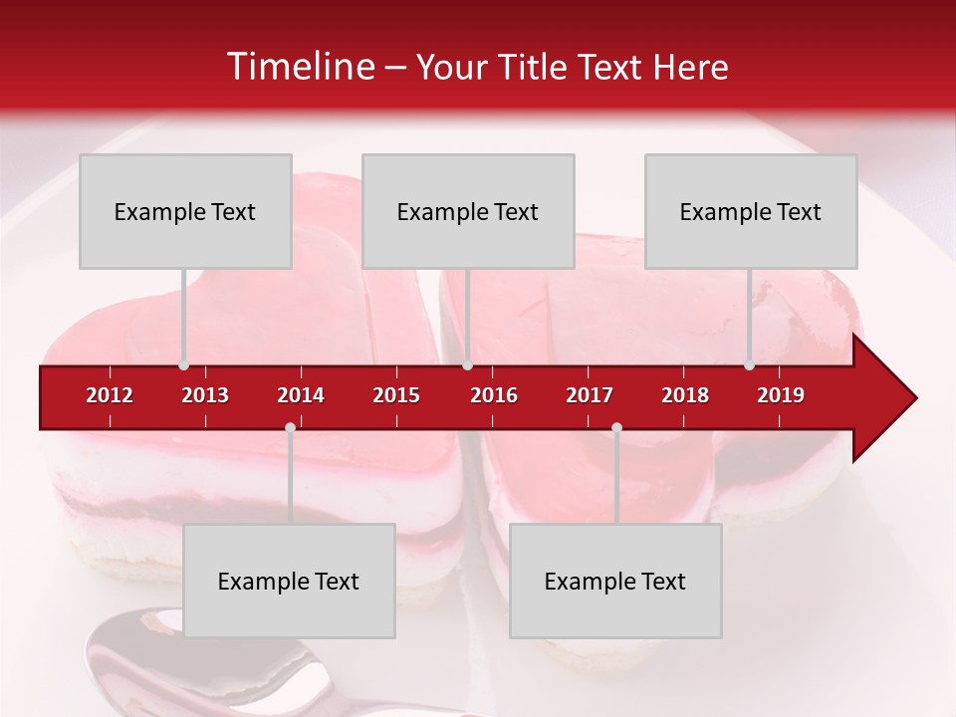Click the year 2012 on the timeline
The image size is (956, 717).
point(110,395)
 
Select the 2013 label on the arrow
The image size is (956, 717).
point(205,395)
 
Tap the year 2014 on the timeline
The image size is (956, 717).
point(301,395)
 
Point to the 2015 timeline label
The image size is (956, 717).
point(396,395)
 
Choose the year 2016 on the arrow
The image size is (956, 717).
point(494,395)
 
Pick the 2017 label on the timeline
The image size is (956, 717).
point(590,395)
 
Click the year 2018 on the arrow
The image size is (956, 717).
point(685,395)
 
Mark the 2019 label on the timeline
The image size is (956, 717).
point(781,395)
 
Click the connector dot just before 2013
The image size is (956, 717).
point(183,365)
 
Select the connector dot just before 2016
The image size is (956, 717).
point(467,365)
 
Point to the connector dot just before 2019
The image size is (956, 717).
point(749,365)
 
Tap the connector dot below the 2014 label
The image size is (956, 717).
point(290,428)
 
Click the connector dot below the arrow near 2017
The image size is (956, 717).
point(616,428)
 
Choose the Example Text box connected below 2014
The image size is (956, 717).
point(289,581)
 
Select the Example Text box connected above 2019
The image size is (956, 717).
point(750,211)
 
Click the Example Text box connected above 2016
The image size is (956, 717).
point(467,211)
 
